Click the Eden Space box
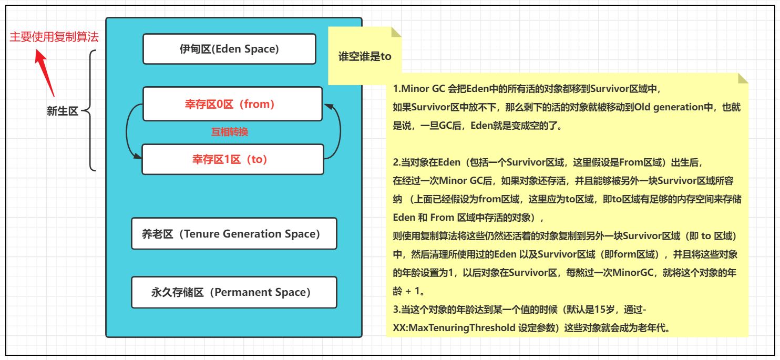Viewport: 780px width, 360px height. tap(229, 49)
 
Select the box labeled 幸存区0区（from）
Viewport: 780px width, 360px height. tap(232, 104)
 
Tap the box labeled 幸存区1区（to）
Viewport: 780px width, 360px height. tap(232, 159)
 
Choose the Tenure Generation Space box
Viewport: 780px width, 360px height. tap(234, 234)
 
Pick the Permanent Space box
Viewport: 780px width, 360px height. tap(234, 292)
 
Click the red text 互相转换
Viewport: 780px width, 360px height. tap(230, 132)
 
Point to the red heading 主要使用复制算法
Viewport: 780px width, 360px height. tap(54, 37)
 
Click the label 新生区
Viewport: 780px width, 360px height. tap(62, 111)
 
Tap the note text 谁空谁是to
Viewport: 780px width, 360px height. tap(365, 57)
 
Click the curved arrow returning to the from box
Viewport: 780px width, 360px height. tap(337, 131)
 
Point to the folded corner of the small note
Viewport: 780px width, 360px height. tap(396, 32)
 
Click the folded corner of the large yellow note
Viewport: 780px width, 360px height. tap(743, 78)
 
